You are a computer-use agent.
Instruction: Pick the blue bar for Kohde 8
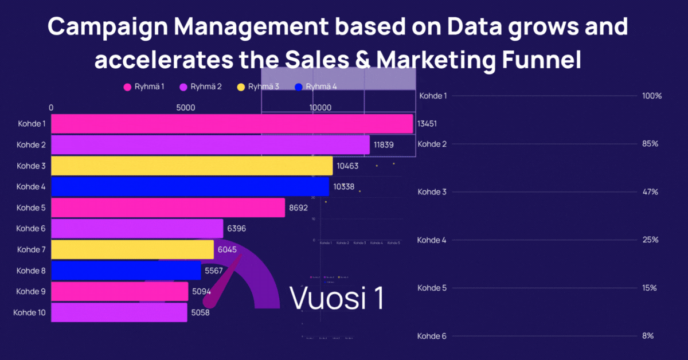pos(126,271)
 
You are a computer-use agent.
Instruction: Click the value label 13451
pos(428,123)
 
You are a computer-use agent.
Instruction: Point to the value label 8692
pos(300,208)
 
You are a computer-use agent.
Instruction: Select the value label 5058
pos(202,313)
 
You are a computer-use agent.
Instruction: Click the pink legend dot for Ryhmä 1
pos(127,87)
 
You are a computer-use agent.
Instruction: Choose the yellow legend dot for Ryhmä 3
pos(241,87)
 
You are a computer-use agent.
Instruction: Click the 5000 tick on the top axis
pos(186,108)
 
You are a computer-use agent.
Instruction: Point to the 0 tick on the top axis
pos(52,108)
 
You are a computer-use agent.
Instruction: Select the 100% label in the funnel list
pos(652,96)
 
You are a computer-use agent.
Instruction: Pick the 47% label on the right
pos(650,192)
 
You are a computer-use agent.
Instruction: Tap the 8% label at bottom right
pos(648,336)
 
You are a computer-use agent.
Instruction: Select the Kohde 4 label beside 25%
pos(432,240)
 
